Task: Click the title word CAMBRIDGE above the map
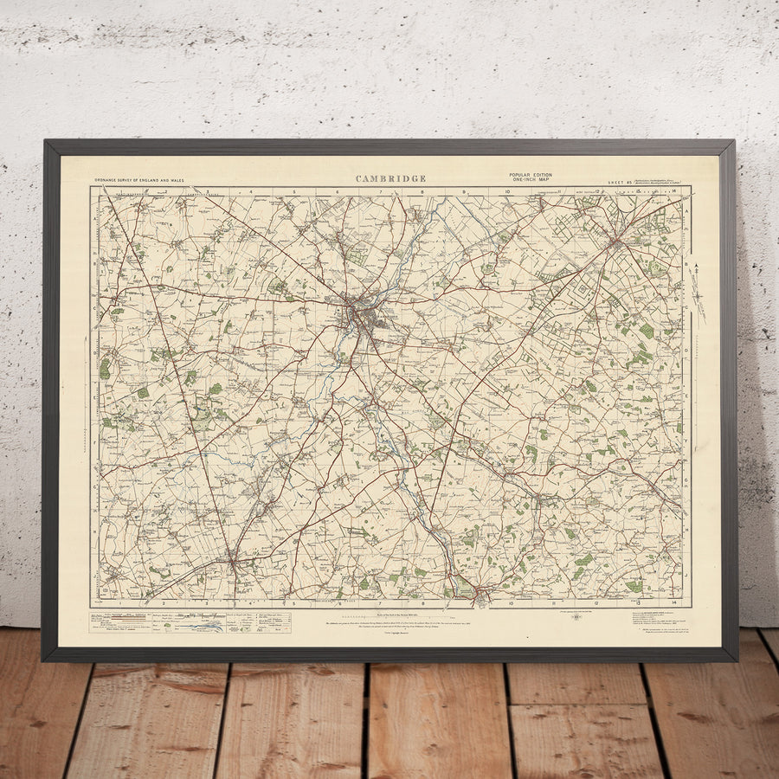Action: tap(390, 179)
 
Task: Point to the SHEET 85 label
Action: tap(616, 183)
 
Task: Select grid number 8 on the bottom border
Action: tap(423, 603)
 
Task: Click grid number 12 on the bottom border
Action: tap(596, 603)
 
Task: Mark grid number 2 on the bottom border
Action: tap(162, 603)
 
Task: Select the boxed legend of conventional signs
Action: tap(190, 622)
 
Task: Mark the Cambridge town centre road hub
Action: tap(356, 312)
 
